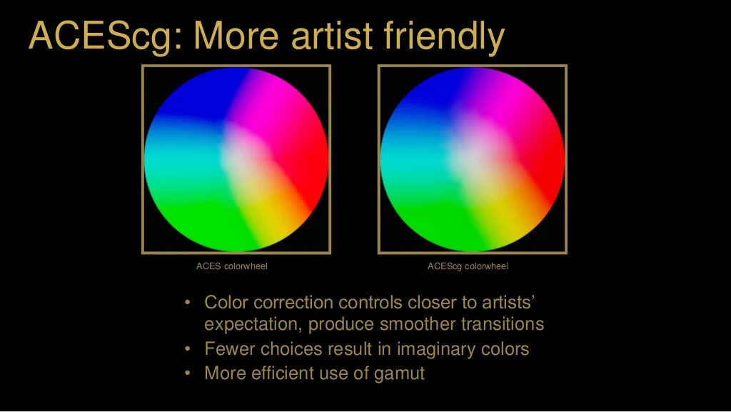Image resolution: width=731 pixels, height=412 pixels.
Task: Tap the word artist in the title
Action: (x=332, y=36)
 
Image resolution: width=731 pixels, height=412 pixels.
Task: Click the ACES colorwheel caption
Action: (x=232, y=266)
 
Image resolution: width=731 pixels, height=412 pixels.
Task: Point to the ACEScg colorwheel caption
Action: (x=468, y=266)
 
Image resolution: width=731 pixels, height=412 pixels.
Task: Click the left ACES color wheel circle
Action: (x=236, y=159)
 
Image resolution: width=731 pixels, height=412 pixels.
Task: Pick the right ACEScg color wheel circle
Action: (x=473, y=159)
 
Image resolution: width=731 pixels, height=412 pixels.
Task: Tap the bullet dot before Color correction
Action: (x=188, y=303)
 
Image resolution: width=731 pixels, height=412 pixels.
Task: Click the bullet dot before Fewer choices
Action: (x=188, y=348)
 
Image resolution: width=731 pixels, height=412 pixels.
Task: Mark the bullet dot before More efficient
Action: (x=188, y=373)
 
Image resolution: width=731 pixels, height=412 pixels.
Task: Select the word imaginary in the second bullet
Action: (x=437, y=350)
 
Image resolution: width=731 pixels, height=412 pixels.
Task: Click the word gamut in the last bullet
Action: (x=399, y=373)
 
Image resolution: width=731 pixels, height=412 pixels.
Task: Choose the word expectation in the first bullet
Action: (x=253, y=325)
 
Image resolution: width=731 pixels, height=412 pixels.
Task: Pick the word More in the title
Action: (x=236, y=36)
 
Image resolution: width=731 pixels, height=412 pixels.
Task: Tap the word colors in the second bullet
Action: (x=505, y=348)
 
